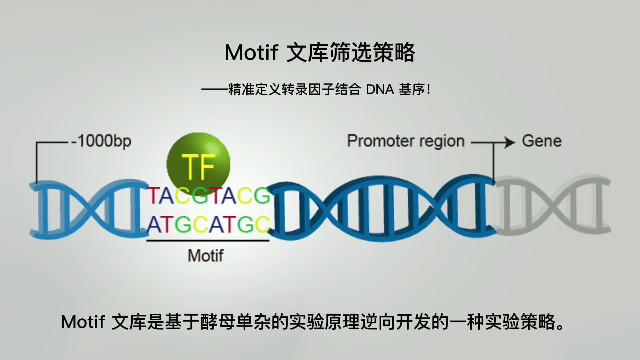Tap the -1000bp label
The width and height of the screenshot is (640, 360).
tap(101, 141)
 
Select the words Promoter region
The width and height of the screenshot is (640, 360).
tap(406, 141)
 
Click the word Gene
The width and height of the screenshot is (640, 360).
tap(542, 141)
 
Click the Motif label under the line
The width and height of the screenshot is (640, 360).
tap(206, 256)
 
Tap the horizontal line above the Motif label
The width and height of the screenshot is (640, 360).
tap(208, 240)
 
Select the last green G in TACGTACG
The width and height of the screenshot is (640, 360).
tap(262, 196)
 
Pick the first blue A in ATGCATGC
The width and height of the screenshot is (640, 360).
tap(154, 224)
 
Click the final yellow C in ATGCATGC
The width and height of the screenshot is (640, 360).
tap(263, 224)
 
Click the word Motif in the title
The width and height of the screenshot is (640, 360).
tap(251, 53)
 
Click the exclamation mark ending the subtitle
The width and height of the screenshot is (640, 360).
tap(429, 90)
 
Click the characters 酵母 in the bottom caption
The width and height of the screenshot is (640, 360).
tap(218, 322)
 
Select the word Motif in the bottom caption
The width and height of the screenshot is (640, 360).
tap(83, 322)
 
